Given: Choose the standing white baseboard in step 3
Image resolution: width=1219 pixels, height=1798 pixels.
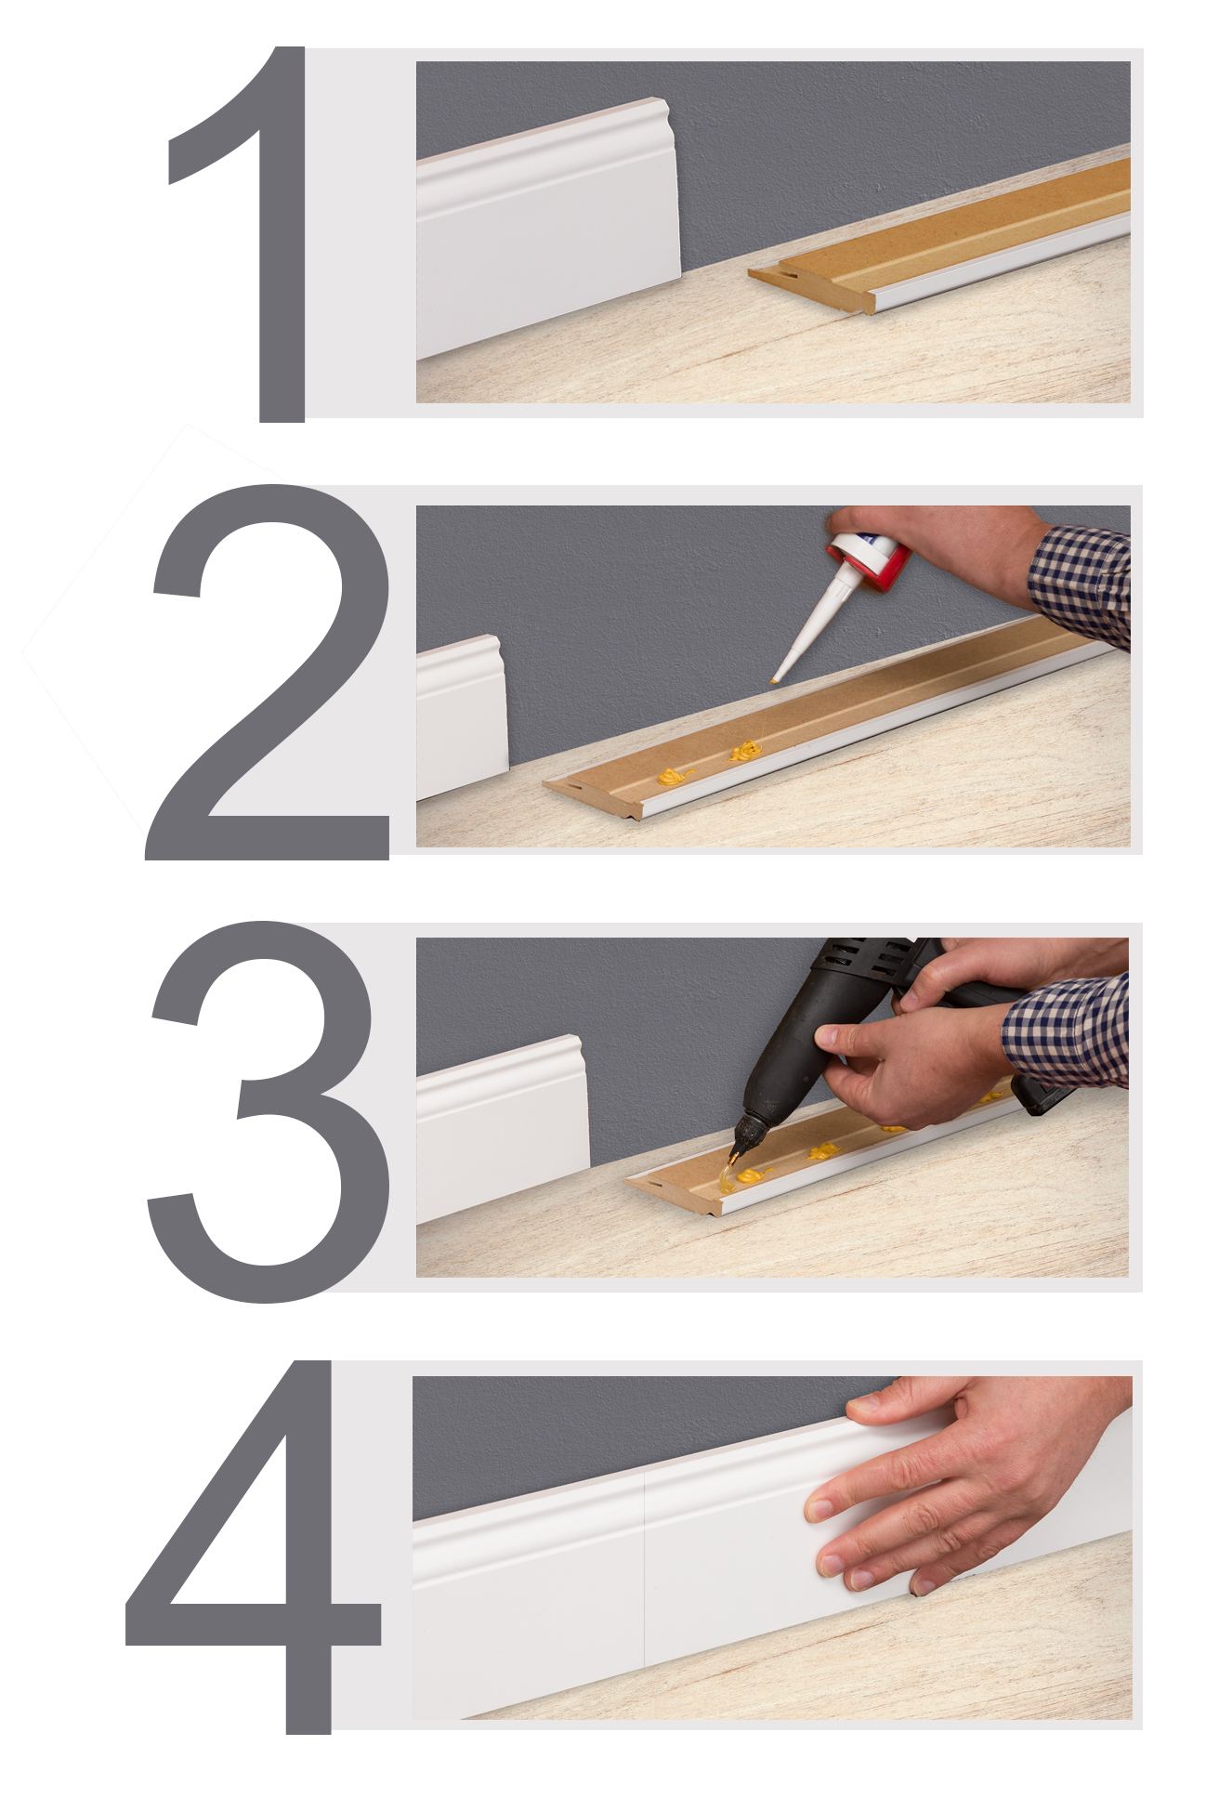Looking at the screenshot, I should pyautogui.click(x=502, y=1129).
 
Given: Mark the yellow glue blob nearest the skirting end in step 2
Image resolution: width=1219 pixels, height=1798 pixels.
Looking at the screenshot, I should pyautogui.click(x=675, y=776).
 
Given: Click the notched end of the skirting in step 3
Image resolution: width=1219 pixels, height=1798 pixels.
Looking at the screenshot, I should pyautogui.click(x=650, y=1185).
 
